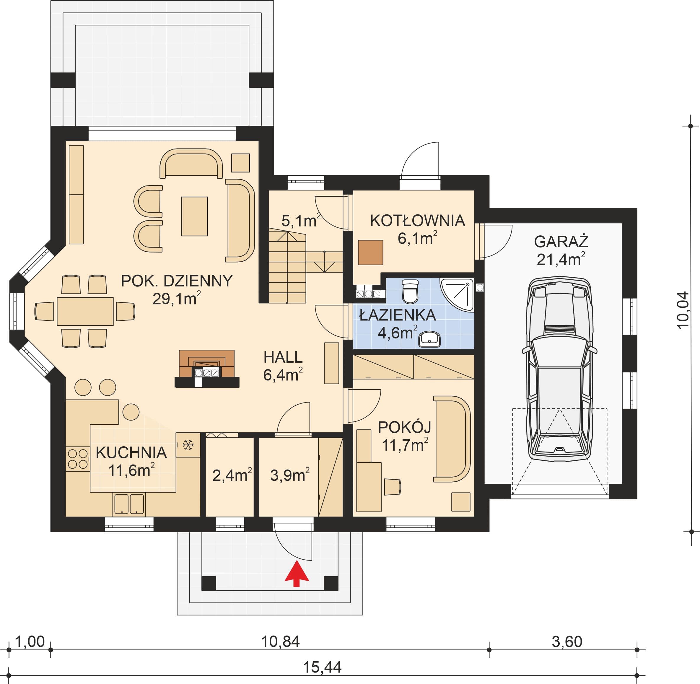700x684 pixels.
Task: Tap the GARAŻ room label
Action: pos(561,241)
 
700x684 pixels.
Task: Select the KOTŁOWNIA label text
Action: pos(418,221)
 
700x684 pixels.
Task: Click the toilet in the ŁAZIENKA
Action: pos(410,291)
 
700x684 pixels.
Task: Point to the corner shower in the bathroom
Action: pos(457,294)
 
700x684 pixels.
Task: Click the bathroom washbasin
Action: pos(429,338)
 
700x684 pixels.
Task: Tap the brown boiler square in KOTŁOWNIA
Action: pos(370,253)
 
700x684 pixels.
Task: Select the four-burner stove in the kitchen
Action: pos(78,458)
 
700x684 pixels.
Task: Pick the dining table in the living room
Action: pos(85,311)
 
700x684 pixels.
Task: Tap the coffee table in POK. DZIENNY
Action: pos(194,216)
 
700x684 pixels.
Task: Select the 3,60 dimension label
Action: pos(567,641)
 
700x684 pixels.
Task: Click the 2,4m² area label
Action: pos(232,475)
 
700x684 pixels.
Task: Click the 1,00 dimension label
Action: pos(30,641)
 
